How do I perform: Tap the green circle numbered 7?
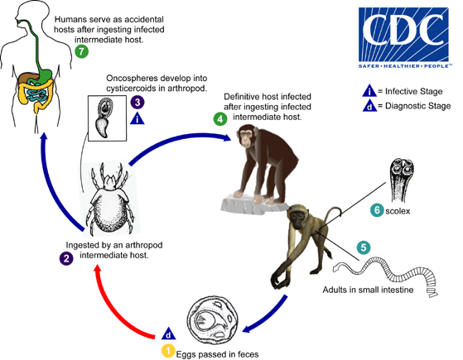click(x=80, y=50)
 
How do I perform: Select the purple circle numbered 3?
click(x=137, y=102)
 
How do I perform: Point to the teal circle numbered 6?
click(x=377, y=210)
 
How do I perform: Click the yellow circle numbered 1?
click(x=167, y=352)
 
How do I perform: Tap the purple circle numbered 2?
click(x=65, y=258)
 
